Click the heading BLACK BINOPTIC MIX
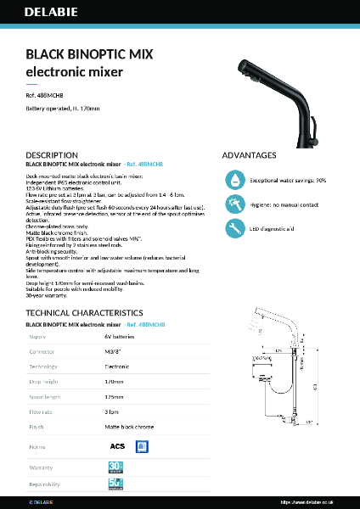[x=89, y=54]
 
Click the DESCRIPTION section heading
[x=52, y=156]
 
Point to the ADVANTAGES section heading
[x=249, y=156]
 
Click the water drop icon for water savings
[x=233, y=181]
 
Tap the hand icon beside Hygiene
[x=233, y=204]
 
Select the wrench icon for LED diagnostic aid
[x=233, y=228]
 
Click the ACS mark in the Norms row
[x=118, y=445]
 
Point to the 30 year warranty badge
[x=116, y=467]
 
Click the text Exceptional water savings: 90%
[x=288, y=181]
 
